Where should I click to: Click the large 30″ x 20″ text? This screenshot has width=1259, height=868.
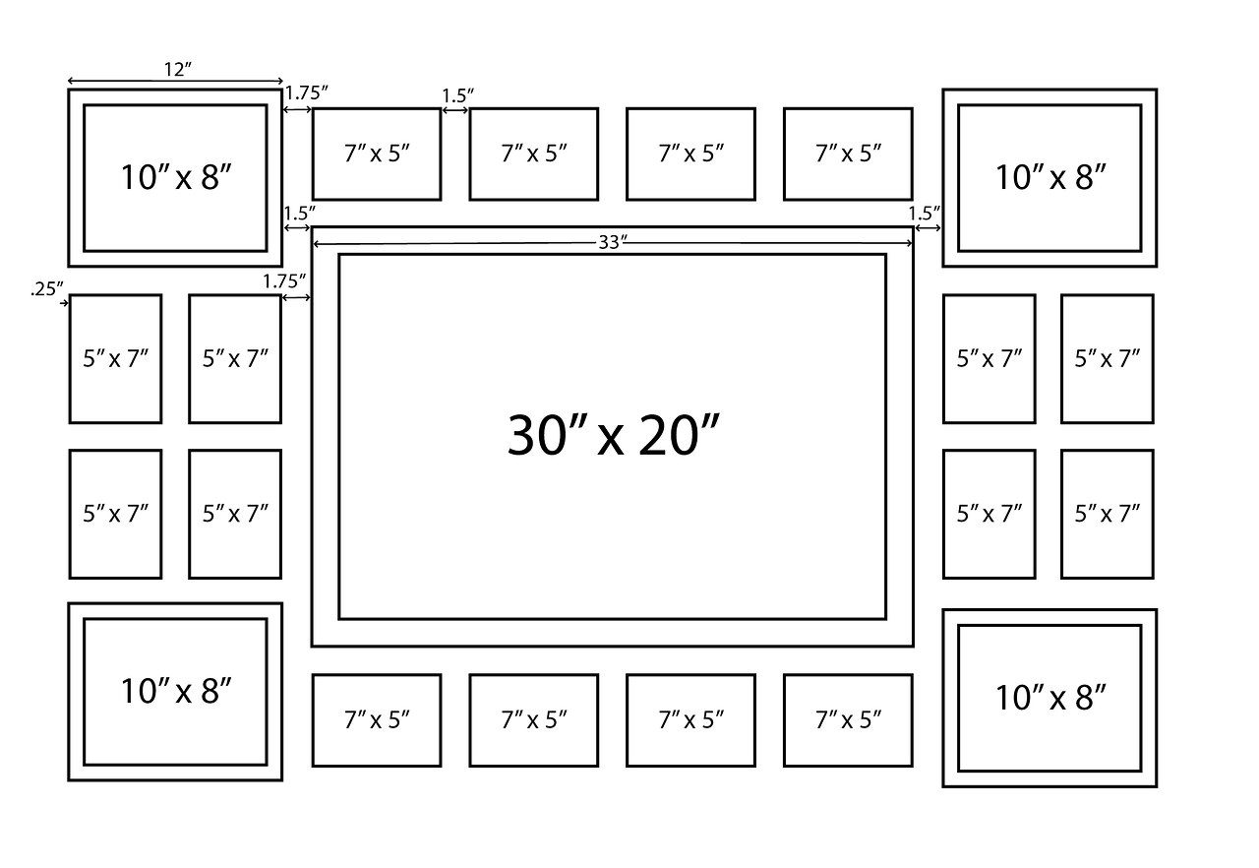pos(614,434)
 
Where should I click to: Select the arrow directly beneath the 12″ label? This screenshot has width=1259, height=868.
pos(175,82)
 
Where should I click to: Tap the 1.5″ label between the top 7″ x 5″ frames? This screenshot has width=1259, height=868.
pos(457,95)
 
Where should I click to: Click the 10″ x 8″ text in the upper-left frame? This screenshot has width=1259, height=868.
pos(176,177)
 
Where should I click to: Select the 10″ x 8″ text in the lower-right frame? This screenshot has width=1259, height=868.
pos(1050,698)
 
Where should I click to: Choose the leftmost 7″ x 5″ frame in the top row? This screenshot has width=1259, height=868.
pos(377,154)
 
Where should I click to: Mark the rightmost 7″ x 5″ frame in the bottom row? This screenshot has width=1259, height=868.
pos(848,720)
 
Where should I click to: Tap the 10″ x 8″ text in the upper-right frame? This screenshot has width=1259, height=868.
pos(1050,177)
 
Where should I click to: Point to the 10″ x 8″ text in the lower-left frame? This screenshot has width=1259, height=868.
pos(176,691)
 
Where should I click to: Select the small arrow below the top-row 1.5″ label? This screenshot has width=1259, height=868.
pos(454,110)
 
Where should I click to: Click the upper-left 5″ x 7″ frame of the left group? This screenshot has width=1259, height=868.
pos(115,358)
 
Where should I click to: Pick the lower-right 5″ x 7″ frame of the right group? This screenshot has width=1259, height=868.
pos(1107,514)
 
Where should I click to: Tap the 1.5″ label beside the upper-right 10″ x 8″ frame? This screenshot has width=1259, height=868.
pos(925,213)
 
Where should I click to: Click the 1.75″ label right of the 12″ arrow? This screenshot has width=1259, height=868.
pos(306,93)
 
